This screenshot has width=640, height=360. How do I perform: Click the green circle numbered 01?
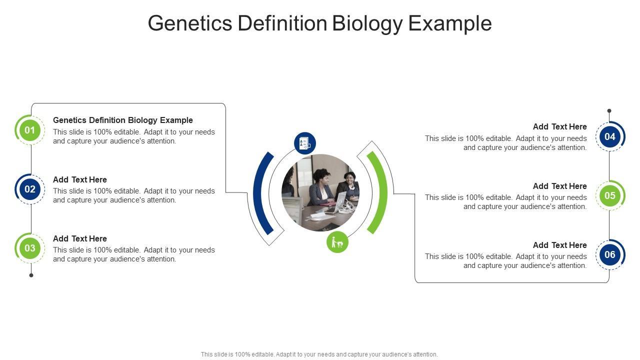pos(29,130)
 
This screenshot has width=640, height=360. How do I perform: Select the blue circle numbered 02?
pos(29,189)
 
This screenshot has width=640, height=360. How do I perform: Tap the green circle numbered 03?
pos(29,248)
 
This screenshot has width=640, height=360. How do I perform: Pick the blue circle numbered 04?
pos(609,136)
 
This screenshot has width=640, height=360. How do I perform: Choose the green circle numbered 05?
pos(609,195)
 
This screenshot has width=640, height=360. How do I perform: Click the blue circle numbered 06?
pos(609,254)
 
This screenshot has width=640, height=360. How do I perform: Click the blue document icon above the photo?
pos(305,143)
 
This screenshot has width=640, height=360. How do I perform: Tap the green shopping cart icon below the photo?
pos(337,242)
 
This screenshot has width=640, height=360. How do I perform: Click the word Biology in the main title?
pos(367,23)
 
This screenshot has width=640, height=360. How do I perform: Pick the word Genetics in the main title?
pos(189,23)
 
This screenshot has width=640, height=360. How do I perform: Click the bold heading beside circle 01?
pos(123,120)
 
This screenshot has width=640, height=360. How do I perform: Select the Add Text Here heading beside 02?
pos(80,179)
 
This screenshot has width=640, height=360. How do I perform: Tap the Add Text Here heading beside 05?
pos(559,186)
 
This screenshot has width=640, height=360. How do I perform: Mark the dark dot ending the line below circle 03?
pos(31,275)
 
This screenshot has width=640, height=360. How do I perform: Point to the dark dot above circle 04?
pos(609,110)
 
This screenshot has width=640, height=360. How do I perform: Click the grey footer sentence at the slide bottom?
pos(319,354)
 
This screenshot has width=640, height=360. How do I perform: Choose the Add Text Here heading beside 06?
pos(559,245)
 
